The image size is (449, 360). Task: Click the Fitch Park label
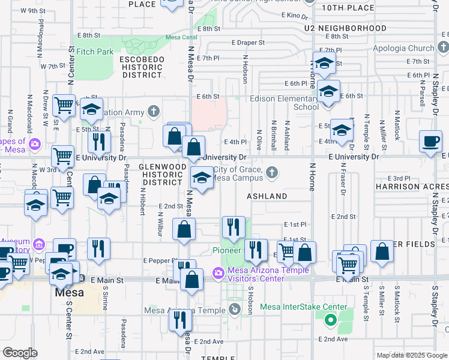pyautogui.click(x=95, y=52)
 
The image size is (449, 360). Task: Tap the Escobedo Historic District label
pyautogui.click(x=141, y=67)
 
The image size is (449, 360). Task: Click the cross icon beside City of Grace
pyautogui.click(x=272, y=173)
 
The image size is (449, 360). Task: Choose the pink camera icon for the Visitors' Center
pyautogui.click(x=218, y=274)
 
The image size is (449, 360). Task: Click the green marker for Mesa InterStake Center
pyautogui.click(x=330, y=319)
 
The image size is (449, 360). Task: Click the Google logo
pyautogui.click(x=20, y=353)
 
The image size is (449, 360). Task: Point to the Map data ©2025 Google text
pyautogui.click(x=411, y=355)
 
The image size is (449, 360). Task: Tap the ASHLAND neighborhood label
pyautogui.click(x=267, y=196)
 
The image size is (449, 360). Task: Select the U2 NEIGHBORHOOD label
pyautogui.click(x=345, y=28)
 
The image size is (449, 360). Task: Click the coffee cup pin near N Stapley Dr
pyautogui.click(x=430, y=141)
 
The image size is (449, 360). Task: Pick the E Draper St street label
pyautogui.click(x=248, y=43)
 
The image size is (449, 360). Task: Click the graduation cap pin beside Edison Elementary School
pyautogui.click(x=328, y=92)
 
